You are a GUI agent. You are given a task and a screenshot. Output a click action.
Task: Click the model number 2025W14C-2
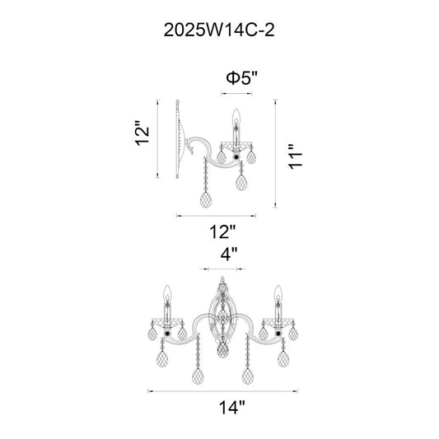pos(219,30)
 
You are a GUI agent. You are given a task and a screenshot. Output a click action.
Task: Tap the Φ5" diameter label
pos(241,77)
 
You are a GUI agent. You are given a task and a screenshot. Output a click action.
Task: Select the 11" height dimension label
pos(296,156)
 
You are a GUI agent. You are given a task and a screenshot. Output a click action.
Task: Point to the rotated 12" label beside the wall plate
pos(142,133)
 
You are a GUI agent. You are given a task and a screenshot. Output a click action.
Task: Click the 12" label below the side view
pos(223,231)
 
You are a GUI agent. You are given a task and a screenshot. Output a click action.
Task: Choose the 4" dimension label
pos(229,255)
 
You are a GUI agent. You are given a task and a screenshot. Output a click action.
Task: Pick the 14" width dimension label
pos(231,408)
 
